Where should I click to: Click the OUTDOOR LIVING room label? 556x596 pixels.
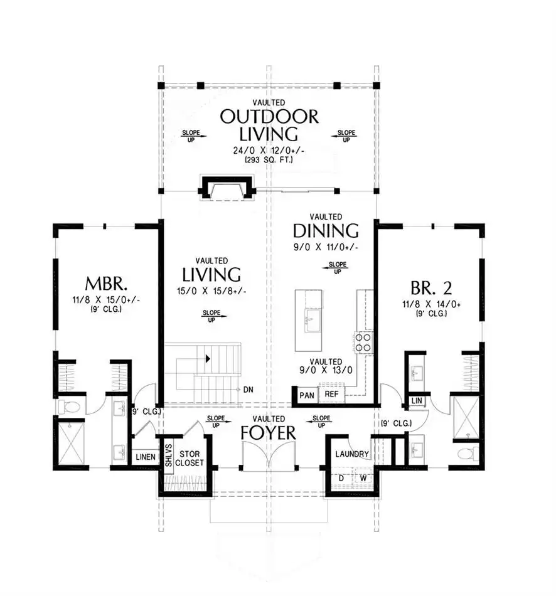point(269,125)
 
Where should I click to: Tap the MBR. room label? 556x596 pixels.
point(106,284)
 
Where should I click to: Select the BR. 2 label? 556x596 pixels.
point(431,288)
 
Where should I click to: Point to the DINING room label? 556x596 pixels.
point(326,231)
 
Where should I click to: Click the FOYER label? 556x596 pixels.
point(269,433)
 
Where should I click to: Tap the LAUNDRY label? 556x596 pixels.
point(352,454)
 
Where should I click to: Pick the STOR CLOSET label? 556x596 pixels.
point(190,459)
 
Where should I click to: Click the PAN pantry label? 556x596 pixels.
point(307,395)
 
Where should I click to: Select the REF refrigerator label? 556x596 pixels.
point(331,394)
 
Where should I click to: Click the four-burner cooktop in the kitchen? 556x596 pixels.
point(363,342)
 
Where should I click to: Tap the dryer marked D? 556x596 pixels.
point(341,478)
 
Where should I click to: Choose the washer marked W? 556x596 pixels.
point(363,478)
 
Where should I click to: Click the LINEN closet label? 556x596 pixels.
point(146,457)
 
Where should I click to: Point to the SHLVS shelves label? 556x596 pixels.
point(168,455)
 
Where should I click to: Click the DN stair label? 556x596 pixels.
point(249,390)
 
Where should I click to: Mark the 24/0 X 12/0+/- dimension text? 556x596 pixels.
point(269,151)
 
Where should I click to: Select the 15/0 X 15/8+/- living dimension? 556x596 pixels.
point(211,291)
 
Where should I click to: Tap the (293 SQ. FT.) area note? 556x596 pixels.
point(269,160)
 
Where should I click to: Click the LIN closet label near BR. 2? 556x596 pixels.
point(417,400)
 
